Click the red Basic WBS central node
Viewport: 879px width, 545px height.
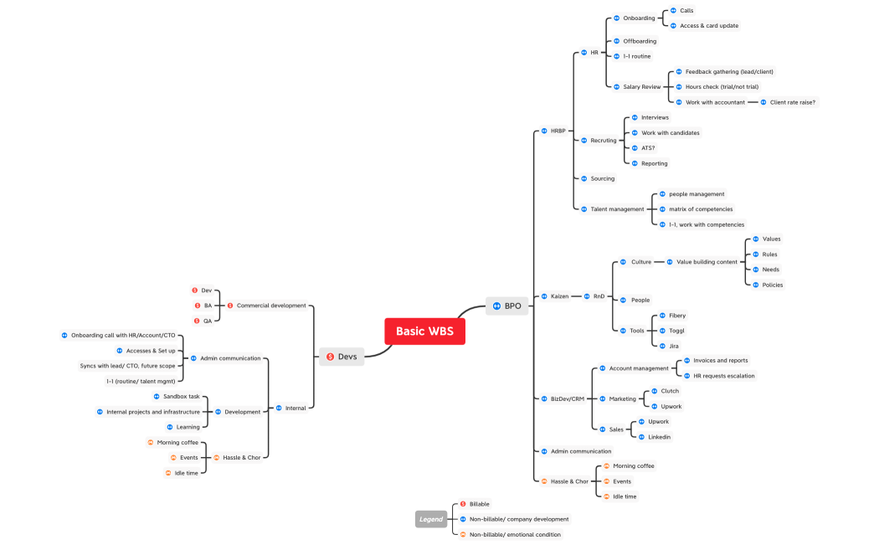(x=424, y=331)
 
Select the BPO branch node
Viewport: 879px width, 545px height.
(x=507, y=306)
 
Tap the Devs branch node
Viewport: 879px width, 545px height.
(x=342, y=357)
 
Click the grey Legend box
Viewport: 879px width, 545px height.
(x=431, y=519)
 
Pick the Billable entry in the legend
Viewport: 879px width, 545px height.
(x=479, y=504)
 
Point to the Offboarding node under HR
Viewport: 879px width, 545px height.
(x=640, y=41)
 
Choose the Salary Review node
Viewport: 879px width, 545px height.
(x=641, y=87)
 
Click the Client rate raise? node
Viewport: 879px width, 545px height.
(x=792, y=102)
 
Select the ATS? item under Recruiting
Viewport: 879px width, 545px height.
(x=648, y=148)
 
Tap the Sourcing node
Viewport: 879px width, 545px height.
(x=602, y=178)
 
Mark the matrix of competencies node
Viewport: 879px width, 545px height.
(x=701, y=209)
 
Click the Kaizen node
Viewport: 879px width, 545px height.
(x=559, y=296)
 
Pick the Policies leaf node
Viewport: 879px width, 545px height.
(x=771, y=285)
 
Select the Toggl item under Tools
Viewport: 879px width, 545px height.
(x=676, y=331)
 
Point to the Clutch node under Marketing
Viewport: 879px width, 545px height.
(x=670, y=391)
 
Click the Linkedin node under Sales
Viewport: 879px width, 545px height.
(x=659, y=437)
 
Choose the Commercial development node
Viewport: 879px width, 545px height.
(x=271, y=306)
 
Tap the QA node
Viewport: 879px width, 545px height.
(x=207, y=321)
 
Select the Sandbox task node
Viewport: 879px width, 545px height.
(x=181, y=396)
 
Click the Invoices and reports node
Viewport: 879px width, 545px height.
(x=720, y=361)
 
